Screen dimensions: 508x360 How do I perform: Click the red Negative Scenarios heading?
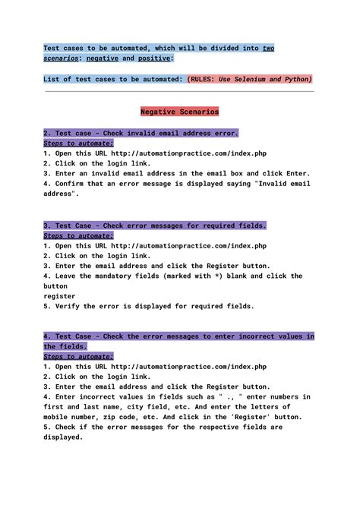(180, 112)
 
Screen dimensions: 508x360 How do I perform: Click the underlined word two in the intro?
(268, 48)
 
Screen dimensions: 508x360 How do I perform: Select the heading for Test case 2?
(141, 133)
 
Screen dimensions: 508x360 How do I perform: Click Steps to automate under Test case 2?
(78, 143)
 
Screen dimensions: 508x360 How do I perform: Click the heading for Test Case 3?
(155, 226)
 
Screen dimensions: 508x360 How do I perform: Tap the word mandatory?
(102, 276)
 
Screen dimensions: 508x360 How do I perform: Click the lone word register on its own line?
(59, 296)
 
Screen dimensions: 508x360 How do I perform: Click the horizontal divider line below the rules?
(180, 92)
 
